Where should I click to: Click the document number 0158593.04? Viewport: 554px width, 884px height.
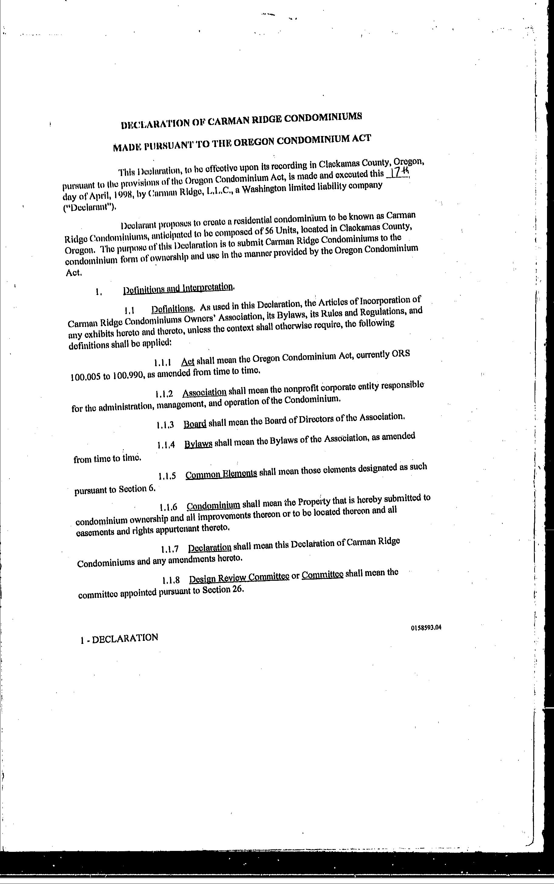(426, 627)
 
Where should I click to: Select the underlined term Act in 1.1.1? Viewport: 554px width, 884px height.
(188, 362)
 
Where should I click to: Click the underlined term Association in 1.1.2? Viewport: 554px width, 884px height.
(204, 393)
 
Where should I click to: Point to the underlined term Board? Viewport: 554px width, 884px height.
(195, 424)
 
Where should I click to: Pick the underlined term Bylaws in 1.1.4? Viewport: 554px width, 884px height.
(198, 444)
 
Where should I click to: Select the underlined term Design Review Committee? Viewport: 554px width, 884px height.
(239, 578)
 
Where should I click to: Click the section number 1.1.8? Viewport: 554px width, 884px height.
(171, 580)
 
